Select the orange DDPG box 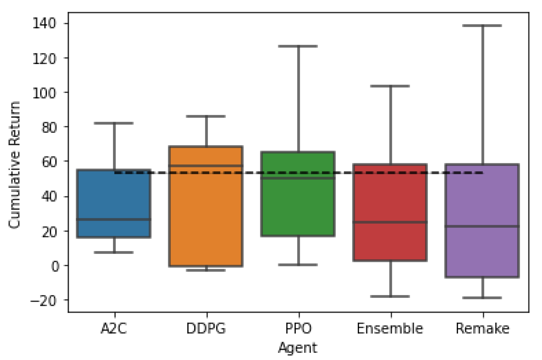point(206,214)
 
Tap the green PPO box point(298,206)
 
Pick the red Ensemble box point(390,198)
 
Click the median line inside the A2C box point(114,219)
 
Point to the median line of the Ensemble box point(390,222)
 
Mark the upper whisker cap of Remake point(482,26)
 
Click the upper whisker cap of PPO point(298,46)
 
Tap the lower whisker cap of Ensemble point(390,296)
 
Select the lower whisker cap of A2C point(114,252)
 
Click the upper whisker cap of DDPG point(206,116)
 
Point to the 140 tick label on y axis point(44,23)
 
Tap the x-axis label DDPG point(206,329)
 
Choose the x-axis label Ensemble point(390,329)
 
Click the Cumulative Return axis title point(14,165)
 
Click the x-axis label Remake point(483,329)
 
